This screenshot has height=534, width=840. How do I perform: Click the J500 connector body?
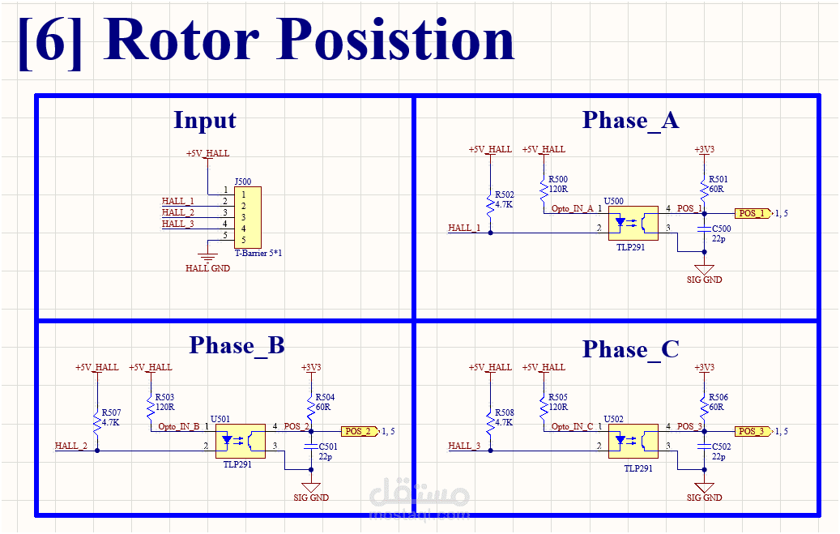pyautogui.click(x=247, y=217)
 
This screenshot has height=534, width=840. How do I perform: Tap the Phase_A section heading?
pyautogui.click(x=630, y=121)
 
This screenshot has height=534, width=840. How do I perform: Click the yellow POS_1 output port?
pyautogui.click(x=752, y=213)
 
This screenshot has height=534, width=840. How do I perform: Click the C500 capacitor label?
pyautogui.click(x=721, y=229)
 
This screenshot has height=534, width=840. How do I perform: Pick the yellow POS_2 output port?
pyautogui.click(x=358, y=431)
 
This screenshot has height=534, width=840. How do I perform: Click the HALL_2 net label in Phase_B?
pyautogui.click(x=70, y=446)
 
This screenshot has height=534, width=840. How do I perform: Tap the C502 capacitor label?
pyautogui.click(x=721, y=447)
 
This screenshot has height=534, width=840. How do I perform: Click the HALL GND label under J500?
pyautogui.click(x=207, y=268)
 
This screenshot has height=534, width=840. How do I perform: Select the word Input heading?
pyautogui.click(x=205, y=121)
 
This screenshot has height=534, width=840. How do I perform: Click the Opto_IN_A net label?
pyautogui.click(x=573, y=208)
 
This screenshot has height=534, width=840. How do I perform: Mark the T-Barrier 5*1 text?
pyautogui.click(x=258, y=254)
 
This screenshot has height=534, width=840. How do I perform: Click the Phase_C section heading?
pyautogui.click(x=630, y=350)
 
